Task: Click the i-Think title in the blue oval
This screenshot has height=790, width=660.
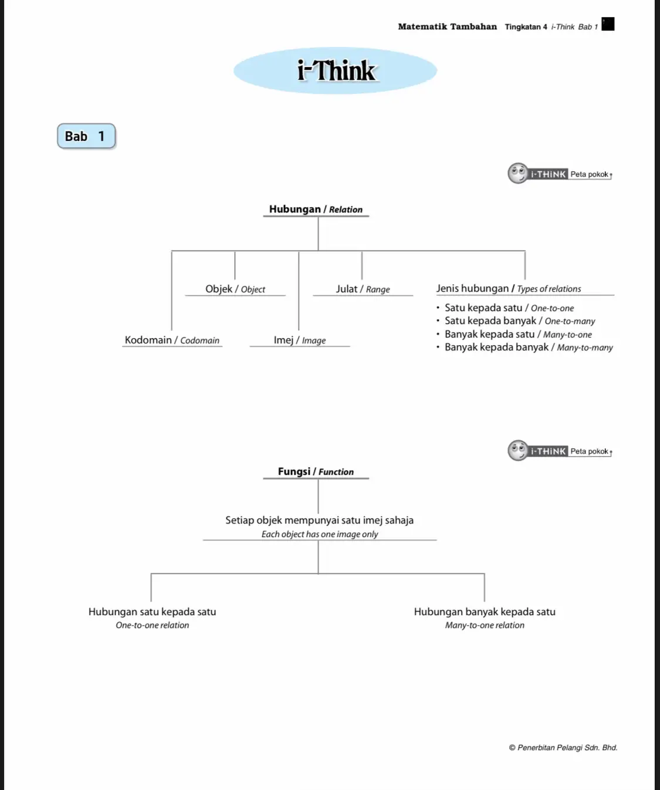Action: pyautogui.click(x=336, y=70)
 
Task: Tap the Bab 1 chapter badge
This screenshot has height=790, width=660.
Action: pyautogui.click(x=86, y=136)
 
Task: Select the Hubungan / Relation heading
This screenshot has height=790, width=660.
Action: pyautogui.click(x=316, y=210)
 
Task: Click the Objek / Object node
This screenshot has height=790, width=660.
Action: pyautogui.click(x=235, y=289)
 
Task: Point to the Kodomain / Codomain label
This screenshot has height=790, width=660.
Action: pyautogui.click(x=172, y=340)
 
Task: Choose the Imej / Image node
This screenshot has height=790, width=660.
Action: pyautogui.click(x=299, y=340)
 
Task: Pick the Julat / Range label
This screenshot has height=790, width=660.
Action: pyautogui.click(x=363, y=289)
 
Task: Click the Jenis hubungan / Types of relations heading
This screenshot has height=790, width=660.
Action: pyautogui.click(x=508, y=289)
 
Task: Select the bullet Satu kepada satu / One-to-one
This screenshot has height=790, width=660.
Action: pyautogui.click(x=509, y=308)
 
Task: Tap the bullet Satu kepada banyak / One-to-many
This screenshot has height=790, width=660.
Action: pyautogui.click(x=519, y=321)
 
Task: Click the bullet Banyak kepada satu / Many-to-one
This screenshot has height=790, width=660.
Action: pyautogui.click(x=517, y=335)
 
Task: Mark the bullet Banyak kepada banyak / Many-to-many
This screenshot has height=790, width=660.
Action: pyautogui.click(x=528, y=347)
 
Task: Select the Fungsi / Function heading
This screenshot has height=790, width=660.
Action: pyautogui.click(x=316, y=472)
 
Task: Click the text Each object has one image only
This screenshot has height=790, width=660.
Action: pyautogui.click(x=320, y=534)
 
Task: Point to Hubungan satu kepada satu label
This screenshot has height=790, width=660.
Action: pyautogui.click(x=152, y=612)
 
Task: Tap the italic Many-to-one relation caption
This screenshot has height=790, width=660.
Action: pyautogui.click(x=485, y=626)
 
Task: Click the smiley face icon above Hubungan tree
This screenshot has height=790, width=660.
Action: pyautogui.click(x=518, y=173)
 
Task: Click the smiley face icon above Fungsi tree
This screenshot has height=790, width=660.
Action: pyautogui.click(x=518, y=450)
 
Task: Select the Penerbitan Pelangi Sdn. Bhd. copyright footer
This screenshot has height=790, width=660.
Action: pyautogui.click(x=563, y=748)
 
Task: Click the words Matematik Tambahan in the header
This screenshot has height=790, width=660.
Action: pyautogui.click(x=447, y=26)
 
